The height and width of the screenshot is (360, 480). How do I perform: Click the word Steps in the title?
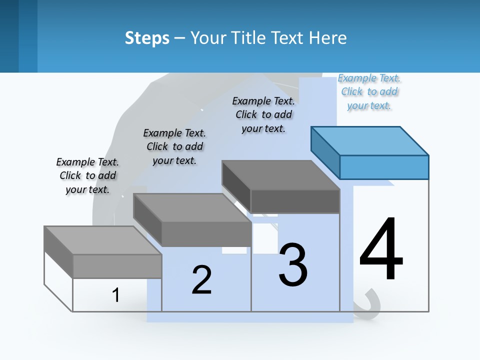coord(147,38)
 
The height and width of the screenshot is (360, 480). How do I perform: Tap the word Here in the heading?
coord(328,38)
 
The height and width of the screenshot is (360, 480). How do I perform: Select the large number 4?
coord(381,250)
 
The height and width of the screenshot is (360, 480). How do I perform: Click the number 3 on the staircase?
coord(293,264)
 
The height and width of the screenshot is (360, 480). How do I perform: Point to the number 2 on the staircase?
coord(201,280)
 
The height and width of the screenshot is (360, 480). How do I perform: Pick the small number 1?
coord(116,295)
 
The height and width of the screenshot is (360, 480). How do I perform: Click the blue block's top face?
coord(370,140)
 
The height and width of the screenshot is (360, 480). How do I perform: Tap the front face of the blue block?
coord(384,167)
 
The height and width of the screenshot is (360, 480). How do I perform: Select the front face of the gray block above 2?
coord(206,233)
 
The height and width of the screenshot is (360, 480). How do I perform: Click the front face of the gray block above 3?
coord(295,201)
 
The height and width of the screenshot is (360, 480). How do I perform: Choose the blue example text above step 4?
coord(369,92)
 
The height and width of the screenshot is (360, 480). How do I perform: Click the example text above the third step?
coord(263,115)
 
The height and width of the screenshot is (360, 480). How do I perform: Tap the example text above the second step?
coord(174,147)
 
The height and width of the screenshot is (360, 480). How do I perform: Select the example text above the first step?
coord(87,176)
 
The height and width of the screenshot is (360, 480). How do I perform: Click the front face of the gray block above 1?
coord(117,266)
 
